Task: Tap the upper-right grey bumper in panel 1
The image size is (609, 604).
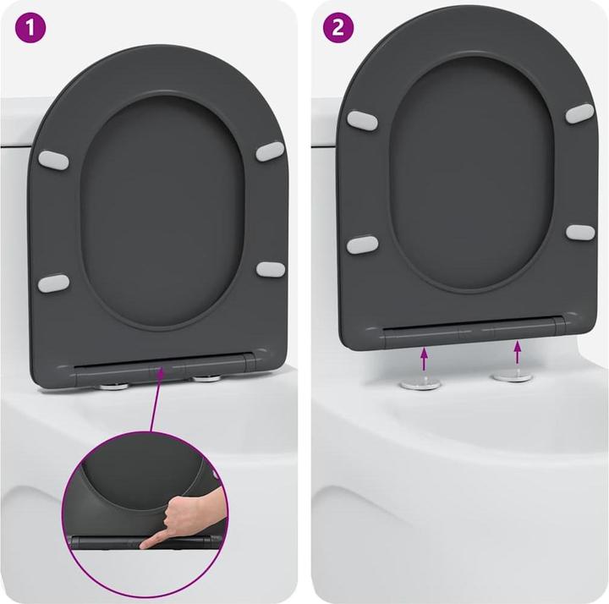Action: tap(270, 151)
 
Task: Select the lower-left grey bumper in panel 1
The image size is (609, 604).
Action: tap(55, 282)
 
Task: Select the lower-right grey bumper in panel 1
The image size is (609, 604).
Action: tap(271, 269)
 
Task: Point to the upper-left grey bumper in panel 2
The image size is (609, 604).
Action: tap(362, 119)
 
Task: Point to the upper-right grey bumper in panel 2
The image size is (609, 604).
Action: tap(579, 113)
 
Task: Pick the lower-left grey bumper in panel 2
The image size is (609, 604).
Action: tap(363, 245)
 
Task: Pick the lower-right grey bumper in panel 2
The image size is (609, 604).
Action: tap(580, 231)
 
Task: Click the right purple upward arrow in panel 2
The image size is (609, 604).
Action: tap(518, 352)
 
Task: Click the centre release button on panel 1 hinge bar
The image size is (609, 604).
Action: tap(161, 369)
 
